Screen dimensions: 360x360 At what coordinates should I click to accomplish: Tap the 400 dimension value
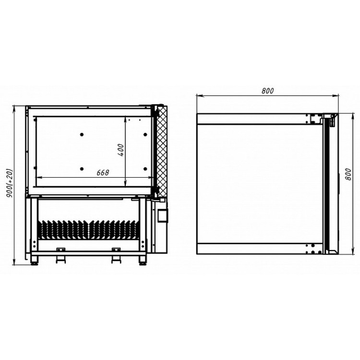click(x=121, y=150)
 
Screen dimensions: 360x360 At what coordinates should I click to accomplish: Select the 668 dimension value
click(x=103, y=172)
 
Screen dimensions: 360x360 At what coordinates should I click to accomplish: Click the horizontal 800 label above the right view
click(x=267, y=91)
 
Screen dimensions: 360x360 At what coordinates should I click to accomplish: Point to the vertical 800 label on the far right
click(x=348, y=174)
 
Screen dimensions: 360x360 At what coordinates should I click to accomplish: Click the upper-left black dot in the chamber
click(x=82, y=134)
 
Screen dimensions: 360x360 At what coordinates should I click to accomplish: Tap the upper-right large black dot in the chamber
click(x=145, y=134)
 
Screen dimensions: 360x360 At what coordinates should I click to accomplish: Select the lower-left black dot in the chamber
click(x=82, y=169)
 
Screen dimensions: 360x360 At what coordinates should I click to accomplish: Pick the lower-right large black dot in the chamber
click(x=145, y=169)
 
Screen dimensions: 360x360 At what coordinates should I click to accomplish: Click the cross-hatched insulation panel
click(x=162, y=152)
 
